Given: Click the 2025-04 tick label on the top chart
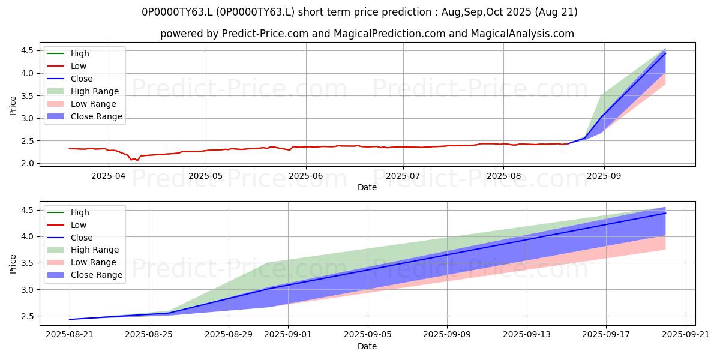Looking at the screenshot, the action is point(109,176).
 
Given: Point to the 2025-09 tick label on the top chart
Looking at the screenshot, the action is point(604,176).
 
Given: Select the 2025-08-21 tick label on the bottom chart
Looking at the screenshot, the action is point(70,334).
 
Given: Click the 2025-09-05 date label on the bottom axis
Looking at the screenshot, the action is point(368,334).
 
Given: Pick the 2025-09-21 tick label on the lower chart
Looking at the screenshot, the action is point(686,334).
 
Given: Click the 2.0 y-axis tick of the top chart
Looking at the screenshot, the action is point(28,163).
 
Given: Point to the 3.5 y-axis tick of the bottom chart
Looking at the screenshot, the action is point(28,263).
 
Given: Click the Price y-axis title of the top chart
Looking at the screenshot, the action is point(13,106).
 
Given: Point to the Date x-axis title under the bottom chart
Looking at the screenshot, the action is point(367,346).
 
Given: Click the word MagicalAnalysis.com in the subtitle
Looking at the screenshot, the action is point(523,34).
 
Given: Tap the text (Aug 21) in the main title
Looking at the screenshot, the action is point(556,12).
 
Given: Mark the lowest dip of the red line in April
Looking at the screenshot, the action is point(137,160).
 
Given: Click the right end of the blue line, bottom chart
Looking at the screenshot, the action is point(665,213).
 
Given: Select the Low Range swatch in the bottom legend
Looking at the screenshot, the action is point(56,262).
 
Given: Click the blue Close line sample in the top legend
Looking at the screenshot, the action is point(56,79).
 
